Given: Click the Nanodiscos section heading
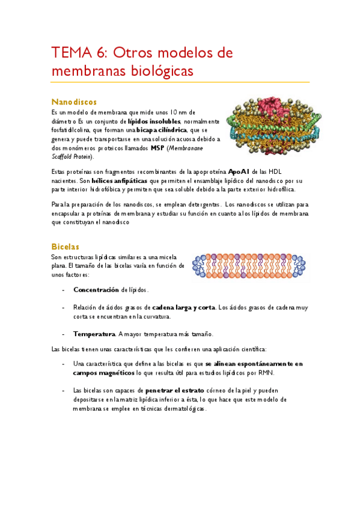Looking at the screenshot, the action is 75,102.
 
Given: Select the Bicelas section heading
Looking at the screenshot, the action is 66,247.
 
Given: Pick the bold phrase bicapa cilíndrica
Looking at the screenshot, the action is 162,130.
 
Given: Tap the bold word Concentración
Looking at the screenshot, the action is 96,289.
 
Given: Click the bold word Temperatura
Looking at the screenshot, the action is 94,334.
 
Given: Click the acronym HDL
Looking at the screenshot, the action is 282,171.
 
